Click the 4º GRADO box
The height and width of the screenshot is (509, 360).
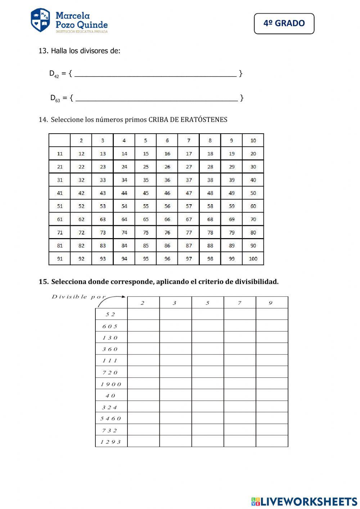[284, 23]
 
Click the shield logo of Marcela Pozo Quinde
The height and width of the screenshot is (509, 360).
[40, 20]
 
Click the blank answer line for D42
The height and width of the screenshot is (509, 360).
[155, 73]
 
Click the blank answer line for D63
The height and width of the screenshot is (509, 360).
[157, 98]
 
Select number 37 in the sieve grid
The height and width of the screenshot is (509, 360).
[189, 180]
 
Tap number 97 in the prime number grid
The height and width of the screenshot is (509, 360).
[189, 259]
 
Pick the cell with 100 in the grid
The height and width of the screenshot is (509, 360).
[253, 259]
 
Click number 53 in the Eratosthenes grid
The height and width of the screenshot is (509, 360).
[103, 206]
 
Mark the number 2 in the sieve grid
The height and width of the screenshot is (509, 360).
[81, 140]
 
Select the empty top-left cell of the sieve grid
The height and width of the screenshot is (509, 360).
[60, 140]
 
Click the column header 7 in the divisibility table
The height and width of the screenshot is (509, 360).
[239, 303]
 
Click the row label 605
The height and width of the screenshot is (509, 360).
[110, 326]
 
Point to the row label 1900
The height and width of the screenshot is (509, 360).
[111, 384]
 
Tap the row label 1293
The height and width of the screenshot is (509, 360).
[111, 442]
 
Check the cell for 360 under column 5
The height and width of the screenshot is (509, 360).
[207, 349]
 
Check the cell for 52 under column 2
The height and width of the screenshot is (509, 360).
[143, 314]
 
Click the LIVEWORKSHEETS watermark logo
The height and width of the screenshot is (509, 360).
[304, 501]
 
